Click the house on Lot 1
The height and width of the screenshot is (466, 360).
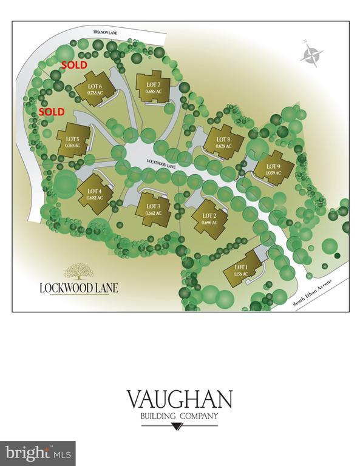(242, 270)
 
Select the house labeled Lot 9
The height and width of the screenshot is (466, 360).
(274, 166)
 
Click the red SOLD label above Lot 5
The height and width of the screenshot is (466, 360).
(52, 113)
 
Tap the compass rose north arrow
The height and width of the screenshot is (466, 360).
(311, 55)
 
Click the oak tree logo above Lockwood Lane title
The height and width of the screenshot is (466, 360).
(77, 271)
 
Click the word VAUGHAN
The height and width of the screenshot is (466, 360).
(179, 401)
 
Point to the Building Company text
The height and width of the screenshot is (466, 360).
(179, 416)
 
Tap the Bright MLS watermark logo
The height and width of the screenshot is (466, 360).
(37, 453)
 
